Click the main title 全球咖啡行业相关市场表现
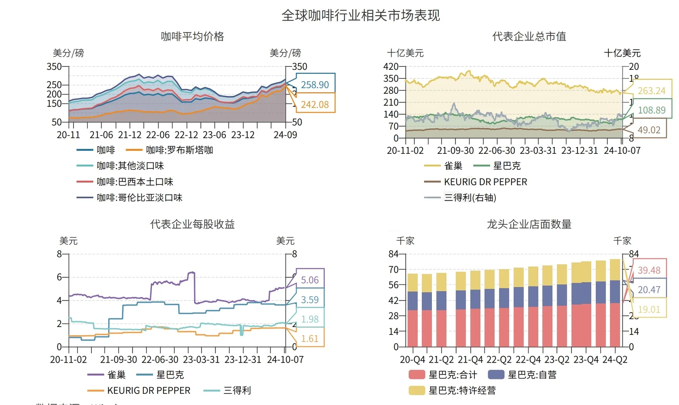[360, 16]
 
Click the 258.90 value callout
[315, 85]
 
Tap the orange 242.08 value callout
[315, 105]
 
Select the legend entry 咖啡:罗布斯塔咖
[179, 150]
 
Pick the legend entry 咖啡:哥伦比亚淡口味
[139, 198]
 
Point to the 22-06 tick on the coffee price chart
[158, 135]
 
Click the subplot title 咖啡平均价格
[192, 36]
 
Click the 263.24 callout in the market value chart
[651, 91]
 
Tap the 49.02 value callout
[649, 130]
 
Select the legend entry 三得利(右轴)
[470, 198]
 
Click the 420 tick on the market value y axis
[391, 67]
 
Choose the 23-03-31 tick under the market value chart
[538, 150]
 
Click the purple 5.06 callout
[310, 280]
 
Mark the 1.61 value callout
[310, 339]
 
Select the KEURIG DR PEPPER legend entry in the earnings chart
[148, 390]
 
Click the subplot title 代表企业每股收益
[192, 224]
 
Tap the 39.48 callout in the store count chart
[649, 270]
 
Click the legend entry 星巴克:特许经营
[462, 390]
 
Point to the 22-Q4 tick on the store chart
[528, 360]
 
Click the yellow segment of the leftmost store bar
[412, 282]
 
